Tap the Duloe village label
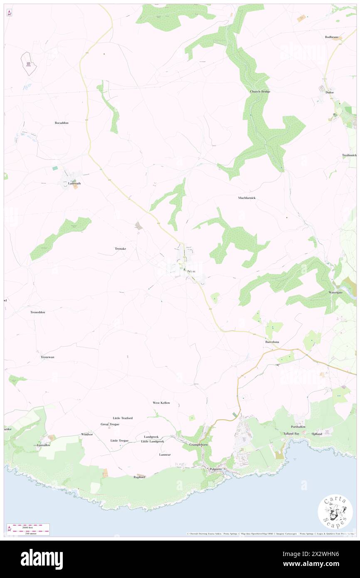[x=330, y=92]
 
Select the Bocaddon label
[x=62, y=123]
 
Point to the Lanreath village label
[x=72, y=183]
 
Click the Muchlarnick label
[x=247, y=198]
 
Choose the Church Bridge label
[x=260, y=91]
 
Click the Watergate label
[x=335, y=292]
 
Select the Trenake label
[x=120, y=248]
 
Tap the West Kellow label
[x=161, y=403]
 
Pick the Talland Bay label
[x=291, y=434]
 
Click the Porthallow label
[x=298, y=427]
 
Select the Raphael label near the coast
[x=139, y=477]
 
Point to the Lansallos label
[x=43, y=445]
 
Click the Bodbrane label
[x=332, y=37]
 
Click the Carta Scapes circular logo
[x=335, y=511]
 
